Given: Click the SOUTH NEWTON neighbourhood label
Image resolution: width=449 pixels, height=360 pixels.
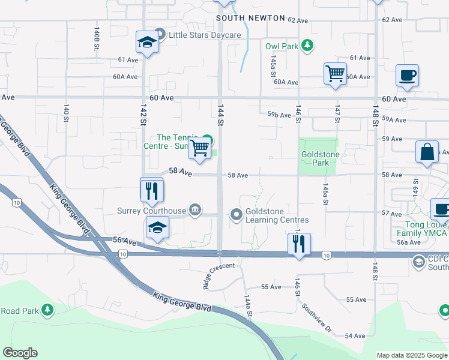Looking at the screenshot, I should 251,18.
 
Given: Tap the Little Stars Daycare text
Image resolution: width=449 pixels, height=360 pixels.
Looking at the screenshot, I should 205,35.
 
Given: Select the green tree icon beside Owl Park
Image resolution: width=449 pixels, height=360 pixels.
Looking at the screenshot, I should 307,46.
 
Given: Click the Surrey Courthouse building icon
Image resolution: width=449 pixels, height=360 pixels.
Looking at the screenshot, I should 195,210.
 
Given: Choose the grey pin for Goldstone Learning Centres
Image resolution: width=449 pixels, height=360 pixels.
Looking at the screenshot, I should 237,214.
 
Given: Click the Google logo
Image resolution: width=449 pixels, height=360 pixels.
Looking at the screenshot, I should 20,353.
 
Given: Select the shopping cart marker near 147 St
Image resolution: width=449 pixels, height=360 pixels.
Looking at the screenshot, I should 335,74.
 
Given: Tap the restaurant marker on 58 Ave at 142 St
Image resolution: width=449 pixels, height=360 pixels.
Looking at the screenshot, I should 151,190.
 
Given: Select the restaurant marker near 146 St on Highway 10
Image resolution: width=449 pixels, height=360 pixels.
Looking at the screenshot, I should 299,244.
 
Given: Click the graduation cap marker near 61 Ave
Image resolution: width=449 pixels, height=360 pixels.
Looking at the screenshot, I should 147,43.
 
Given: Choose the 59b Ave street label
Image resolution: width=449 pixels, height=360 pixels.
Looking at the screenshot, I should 279,114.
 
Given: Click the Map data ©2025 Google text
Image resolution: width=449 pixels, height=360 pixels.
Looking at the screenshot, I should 411,355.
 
